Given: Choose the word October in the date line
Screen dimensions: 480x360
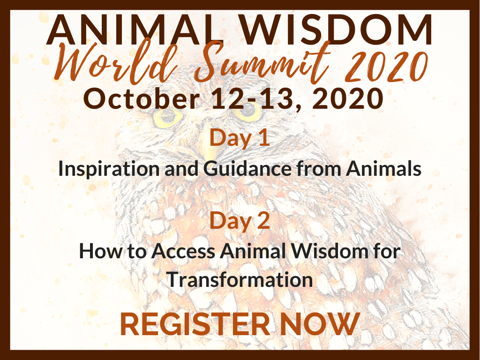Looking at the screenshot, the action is (x=142, y=98).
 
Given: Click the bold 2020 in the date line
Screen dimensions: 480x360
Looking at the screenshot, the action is (x=348, y=98).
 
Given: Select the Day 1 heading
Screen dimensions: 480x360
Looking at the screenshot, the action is (x=240, y=138).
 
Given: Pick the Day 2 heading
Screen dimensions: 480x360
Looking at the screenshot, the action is (x=240, y=220).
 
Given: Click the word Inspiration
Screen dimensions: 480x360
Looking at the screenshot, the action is (x=109, y=169).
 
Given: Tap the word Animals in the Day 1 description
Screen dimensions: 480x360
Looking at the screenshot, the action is (x=383, y=168).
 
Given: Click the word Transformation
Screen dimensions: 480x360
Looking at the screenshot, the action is (x=240, y=280).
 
